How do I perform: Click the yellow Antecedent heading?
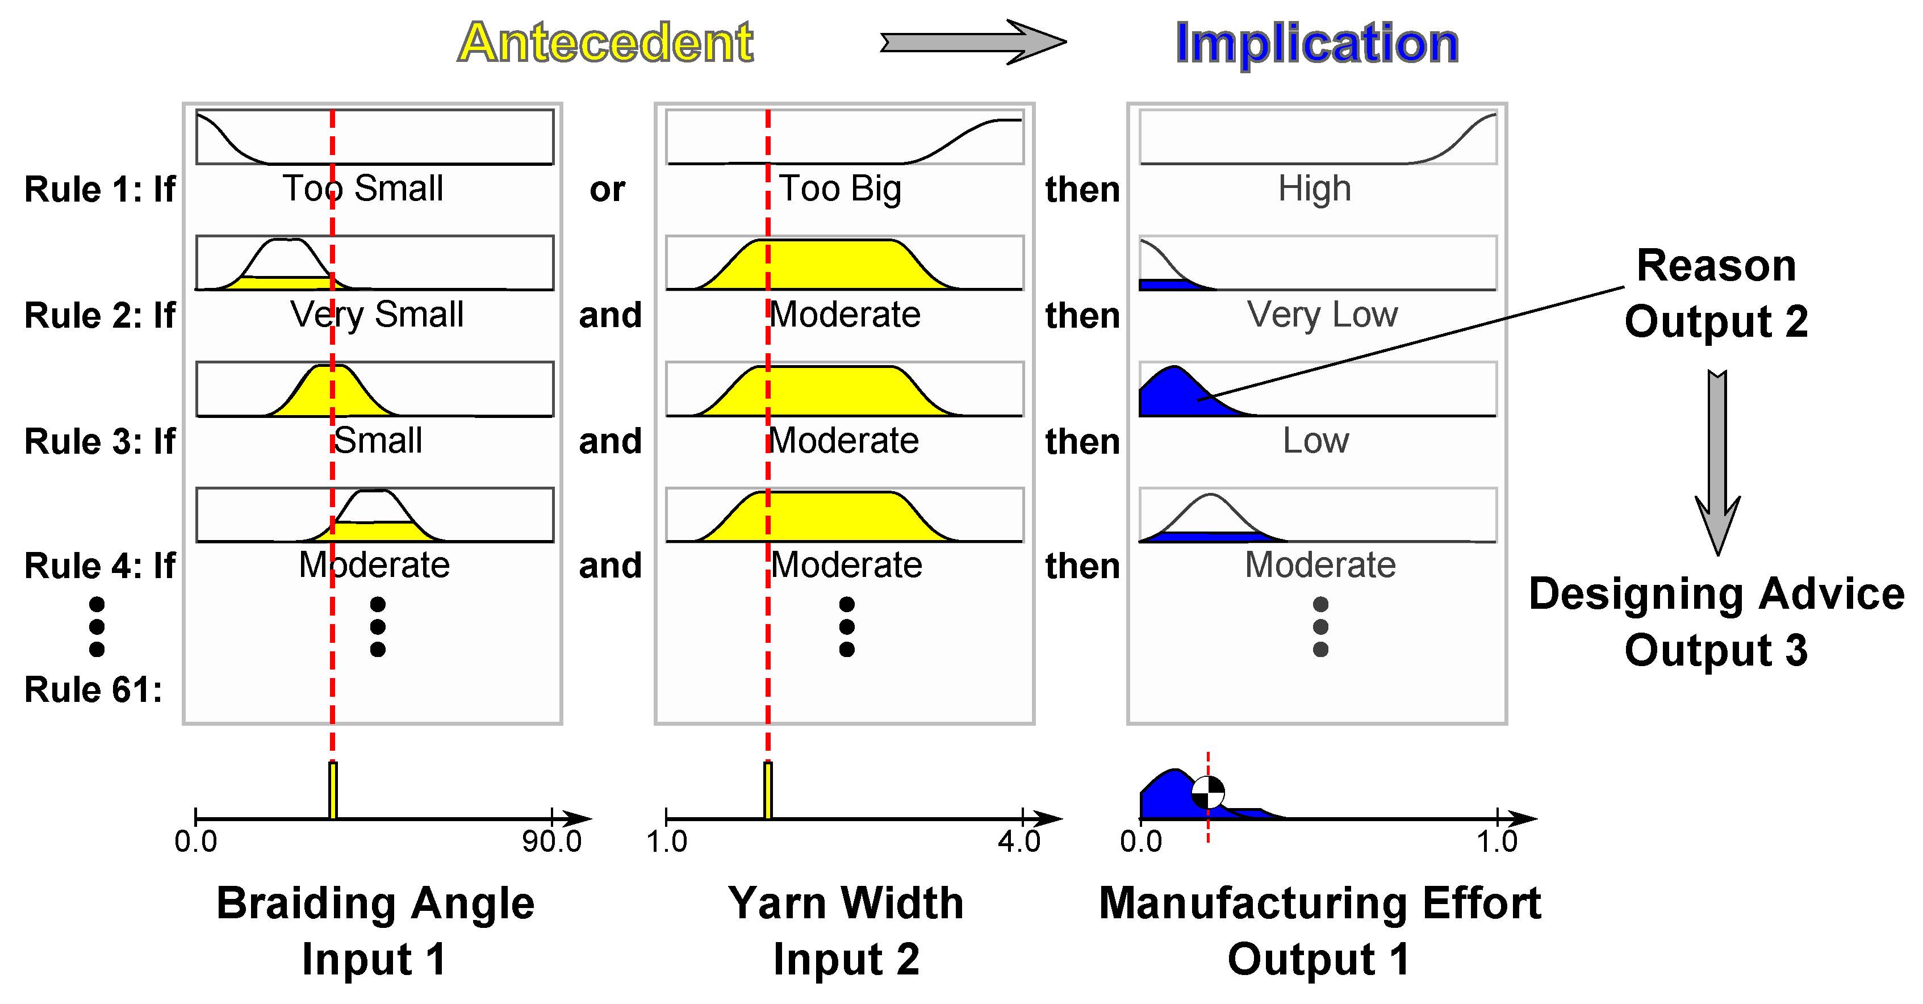pos(605,43)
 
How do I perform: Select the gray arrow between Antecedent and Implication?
pos(973,42)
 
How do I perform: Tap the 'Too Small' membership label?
pos(363,188)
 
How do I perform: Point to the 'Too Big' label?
pos(840,188)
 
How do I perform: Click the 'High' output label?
pos(1315,188)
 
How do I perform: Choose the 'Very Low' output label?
pos(1322,314)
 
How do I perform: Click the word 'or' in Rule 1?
pos(607,190)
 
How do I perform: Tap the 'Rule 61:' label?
pos(93,689)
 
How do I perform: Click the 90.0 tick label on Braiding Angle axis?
pos(551,841)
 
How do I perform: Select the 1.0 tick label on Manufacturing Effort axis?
pos(1496,841)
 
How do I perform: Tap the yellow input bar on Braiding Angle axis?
pos(333,790)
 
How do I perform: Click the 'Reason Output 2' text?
pos(1716,292)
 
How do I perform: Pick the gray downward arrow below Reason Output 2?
pos(1717,463)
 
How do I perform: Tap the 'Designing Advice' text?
pos(1716,594)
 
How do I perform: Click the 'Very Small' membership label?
pos(377,314)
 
